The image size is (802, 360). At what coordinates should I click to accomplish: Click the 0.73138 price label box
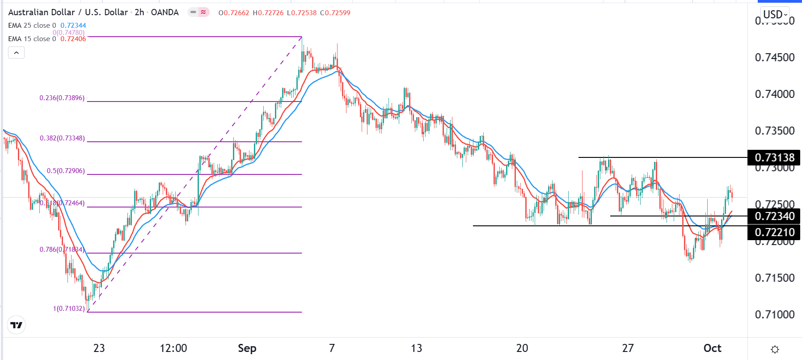774,157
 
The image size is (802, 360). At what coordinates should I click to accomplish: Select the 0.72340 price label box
774,216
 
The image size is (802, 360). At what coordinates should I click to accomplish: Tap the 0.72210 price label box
774,232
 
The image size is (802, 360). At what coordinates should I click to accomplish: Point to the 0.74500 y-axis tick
774,57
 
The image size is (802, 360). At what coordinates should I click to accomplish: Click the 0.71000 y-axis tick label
774,314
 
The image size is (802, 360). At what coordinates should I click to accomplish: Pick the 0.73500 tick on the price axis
774,131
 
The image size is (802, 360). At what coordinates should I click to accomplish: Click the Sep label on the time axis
247,348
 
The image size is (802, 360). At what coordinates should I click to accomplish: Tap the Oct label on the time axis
712,348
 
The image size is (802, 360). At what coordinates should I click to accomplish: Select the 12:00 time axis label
173,348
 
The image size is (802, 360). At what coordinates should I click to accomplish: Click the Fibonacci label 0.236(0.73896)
62,98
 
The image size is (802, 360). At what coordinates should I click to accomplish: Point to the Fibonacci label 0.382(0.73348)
62,138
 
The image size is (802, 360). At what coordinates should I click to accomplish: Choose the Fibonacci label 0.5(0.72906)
66,171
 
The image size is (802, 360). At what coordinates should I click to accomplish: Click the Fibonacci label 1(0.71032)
69,309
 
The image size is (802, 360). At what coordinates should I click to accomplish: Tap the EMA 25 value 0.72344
73,25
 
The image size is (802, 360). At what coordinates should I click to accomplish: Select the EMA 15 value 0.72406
73,39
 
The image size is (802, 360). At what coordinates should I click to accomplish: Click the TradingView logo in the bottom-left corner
17,325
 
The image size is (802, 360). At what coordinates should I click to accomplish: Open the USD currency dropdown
775,14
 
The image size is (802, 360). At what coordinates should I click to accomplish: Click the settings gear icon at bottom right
775,349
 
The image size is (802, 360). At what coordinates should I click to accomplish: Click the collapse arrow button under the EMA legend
16,53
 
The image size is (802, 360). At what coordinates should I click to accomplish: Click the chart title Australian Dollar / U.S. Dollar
68,13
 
